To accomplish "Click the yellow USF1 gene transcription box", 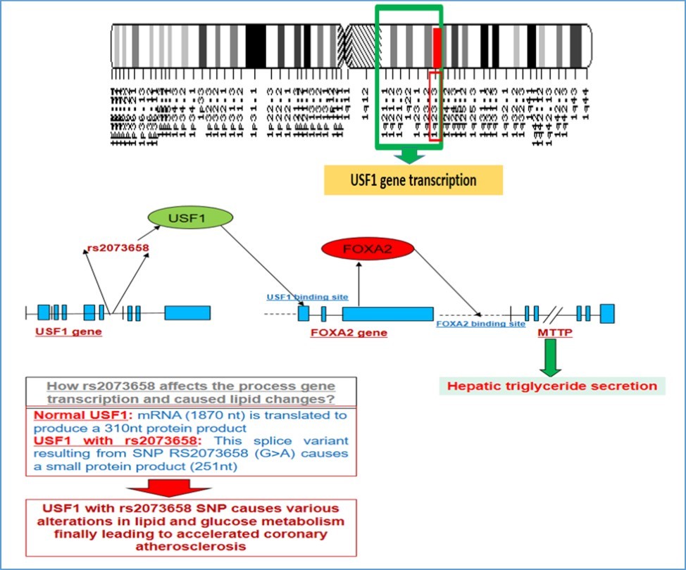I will click(x=413, y=180).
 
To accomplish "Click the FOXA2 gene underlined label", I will click(x=349, y=332).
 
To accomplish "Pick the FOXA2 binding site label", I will click(x=480, y=324).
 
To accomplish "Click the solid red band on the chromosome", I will click(x=437, y=47).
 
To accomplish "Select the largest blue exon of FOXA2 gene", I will click(x=387, y=313).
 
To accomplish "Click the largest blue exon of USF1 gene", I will click(x=187, y=313).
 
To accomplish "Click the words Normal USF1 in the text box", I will click(x=68, y=415).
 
